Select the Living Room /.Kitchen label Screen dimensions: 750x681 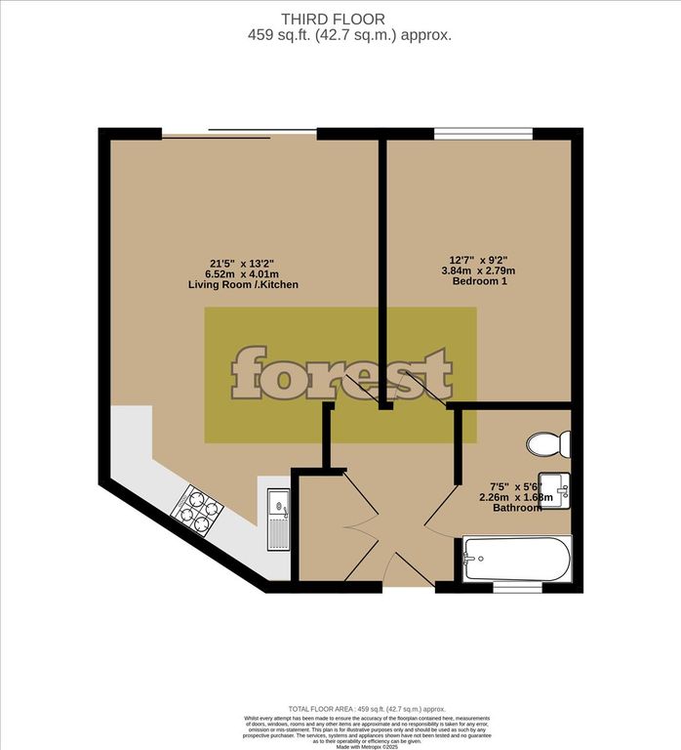point(244,285)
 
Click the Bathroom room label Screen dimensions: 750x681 point(517,509)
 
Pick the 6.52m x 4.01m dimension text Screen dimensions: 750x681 point(244,273)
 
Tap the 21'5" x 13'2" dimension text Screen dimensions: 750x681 point(244,262)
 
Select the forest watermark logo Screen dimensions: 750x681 point(341,373)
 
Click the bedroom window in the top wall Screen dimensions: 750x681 point(483,134)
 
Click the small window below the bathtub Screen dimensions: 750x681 point(517,587)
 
